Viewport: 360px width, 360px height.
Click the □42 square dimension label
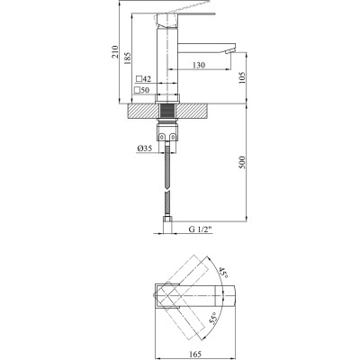[142, 81]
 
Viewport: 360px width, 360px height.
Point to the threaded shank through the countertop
[168, 112]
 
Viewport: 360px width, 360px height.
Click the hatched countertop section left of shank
[144, 112]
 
